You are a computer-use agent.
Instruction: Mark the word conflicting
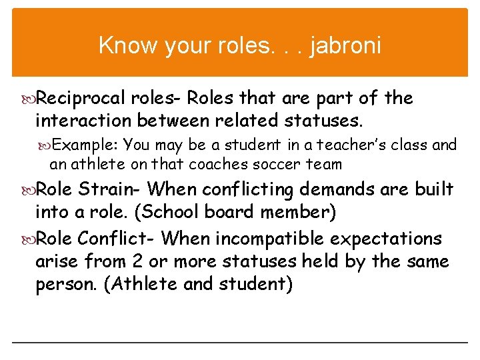[x=247, y=190]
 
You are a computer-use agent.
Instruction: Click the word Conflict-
[x=117, y=238]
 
